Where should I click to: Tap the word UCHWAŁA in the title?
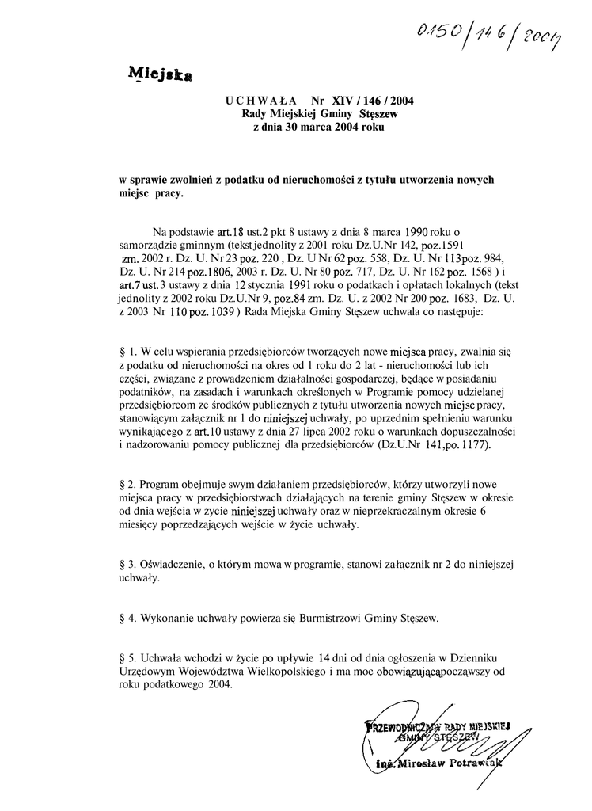[x=260, y=101]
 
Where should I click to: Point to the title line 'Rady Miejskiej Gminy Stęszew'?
[x=320, y=114]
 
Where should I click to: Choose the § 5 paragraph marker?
[x=123, y=658]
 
